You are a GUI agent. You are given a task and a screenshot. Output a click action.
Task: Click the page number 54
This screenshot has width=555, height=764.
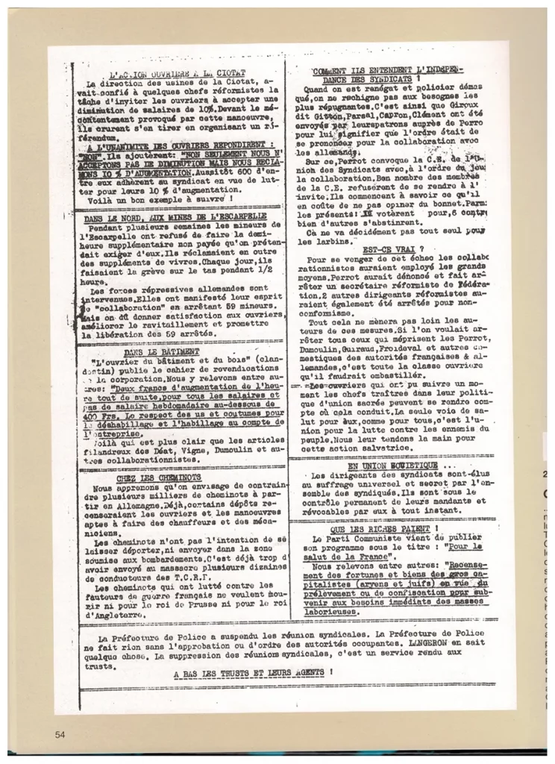click(x=60, y=735)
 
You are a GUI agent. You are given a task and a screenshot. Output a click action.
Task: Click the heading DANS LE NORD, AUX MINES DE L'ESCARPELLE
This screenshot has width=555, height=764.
click(x=176, y=216)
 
